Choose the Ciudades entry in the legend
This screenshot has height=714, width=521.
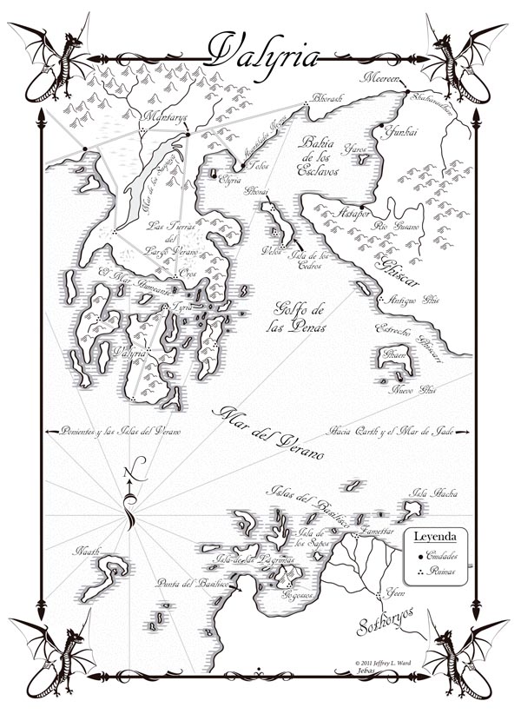pos(443,555)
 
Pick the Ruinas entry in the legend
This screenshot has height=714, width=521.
pos(439,572)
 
